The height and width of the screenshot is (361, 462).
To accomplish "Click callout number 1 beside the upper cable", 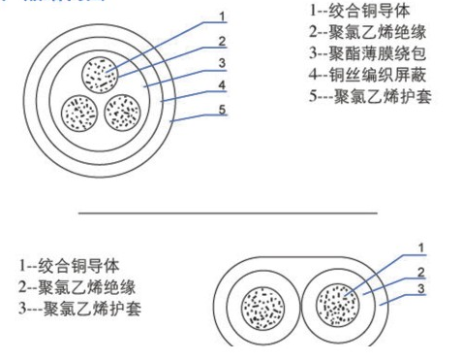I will click(222, 16).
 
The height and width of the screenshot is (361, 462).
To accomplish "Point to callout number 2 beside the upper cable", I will click(222, 41).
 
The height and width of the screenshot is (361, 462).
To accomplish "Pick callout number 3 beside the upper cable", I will click(222, 64).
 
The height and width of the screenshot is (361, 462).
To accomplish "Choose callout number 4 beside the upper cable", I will click(222, 85).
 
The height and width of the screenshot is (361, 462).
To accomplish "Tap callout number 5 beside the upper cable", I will click(222, 109).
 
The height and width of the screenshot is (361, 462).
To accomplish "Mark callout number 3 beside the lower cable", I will click(421, 288).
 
